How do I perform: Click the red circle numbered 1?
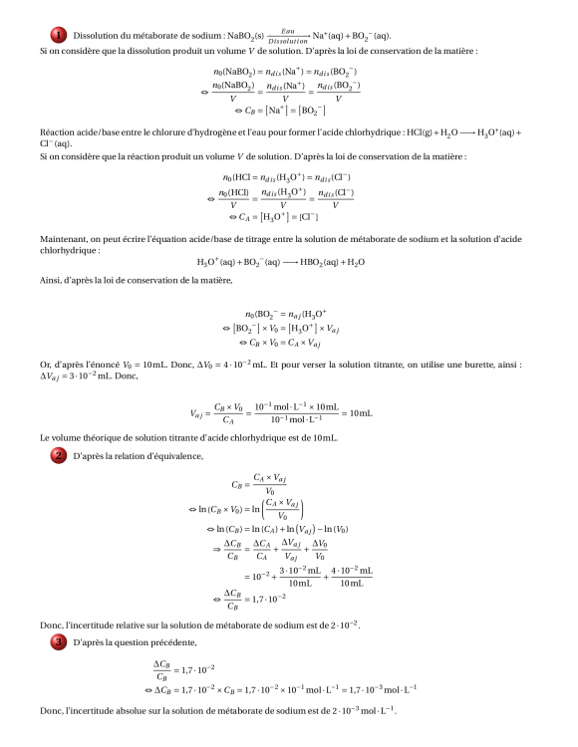click(x=59, y=35)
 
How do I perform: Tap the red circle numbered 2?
click(x=59, y=455)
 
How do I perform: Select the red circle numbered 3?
click(x=59, y=642)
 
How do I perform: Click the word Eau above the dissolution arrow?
click(x=288, y=31)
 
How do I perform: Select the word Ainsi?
click(x=51, y=281)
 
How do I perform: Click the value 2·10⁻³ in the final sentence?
click(x=343, y=710)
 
